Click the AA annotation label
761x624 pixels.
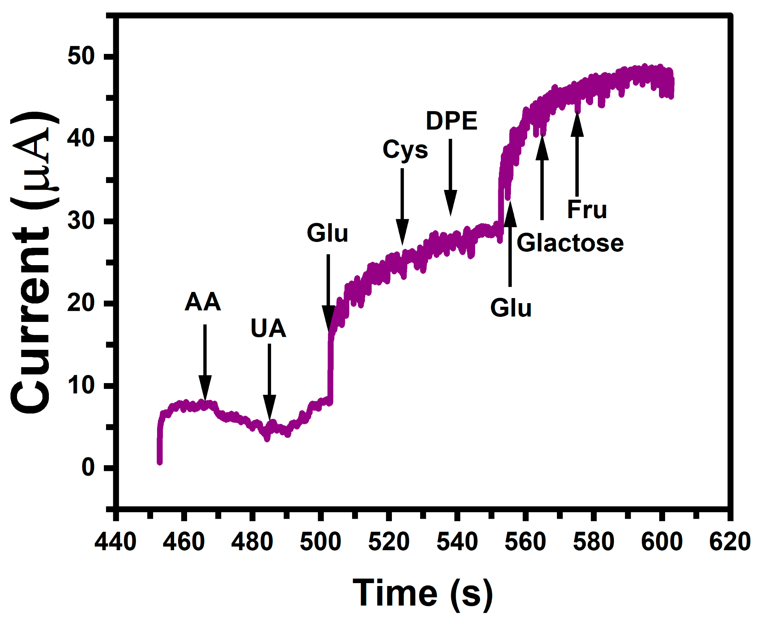click(203, 302)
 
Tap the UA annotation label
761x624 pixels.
click(268, 328)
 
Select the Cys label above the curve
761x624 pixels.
click(405, 150)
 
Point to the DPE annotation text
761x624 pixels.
click(451, 121)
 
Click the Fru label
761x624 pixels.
click(587, 210)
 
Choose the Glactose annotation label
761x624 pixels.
click(570, 243)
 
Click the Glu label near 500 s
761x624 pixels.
click(327, 233)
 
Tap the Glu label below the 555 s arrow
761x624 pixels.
click(511, 308)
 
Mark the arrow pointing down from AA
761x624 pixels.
click(205, 362)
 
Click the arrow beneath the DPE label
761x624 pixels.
click(450, 177)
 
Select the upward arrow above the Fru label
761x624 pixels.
click(577, 156)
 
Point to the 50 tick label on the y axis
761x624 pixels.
click(81, 56)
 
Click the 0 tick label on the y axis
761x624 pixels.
click(88, 467)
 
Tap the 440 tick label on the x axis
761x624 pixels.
click(115, 542)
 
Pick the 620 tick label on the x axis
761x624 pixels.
click(730, 542)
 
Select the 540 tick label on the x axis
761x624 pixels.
click(457, 542)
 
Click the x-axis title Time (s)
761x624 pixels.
click(422, 593)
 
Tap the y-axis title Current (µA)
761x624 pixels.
click(31, 262)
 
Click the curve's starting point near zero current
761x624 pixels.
click(160, 462)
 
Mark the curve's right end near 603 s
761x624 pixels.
click(671, 87)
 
